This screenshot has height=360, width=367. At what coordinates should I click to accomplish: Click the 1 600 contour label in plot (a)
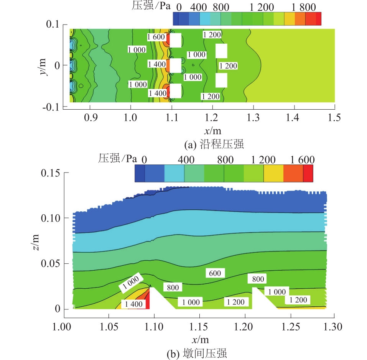[x=156, y=37]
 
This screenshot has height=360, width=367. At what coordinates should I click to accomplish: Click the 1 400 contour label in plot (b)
[x=132, y=304]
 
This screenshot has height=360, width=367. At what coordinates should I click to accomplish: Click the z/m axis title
[x=37, y=241]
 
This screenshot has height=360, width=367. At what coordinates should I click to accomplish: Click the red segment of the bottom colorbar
[x=308, y=173]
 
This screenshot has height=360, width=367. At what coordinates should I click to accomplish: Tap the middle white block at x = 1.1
[x=175, y=65]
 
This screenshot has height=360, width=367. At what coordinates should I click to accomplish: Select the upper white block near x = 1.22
[x=221, y=51]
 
